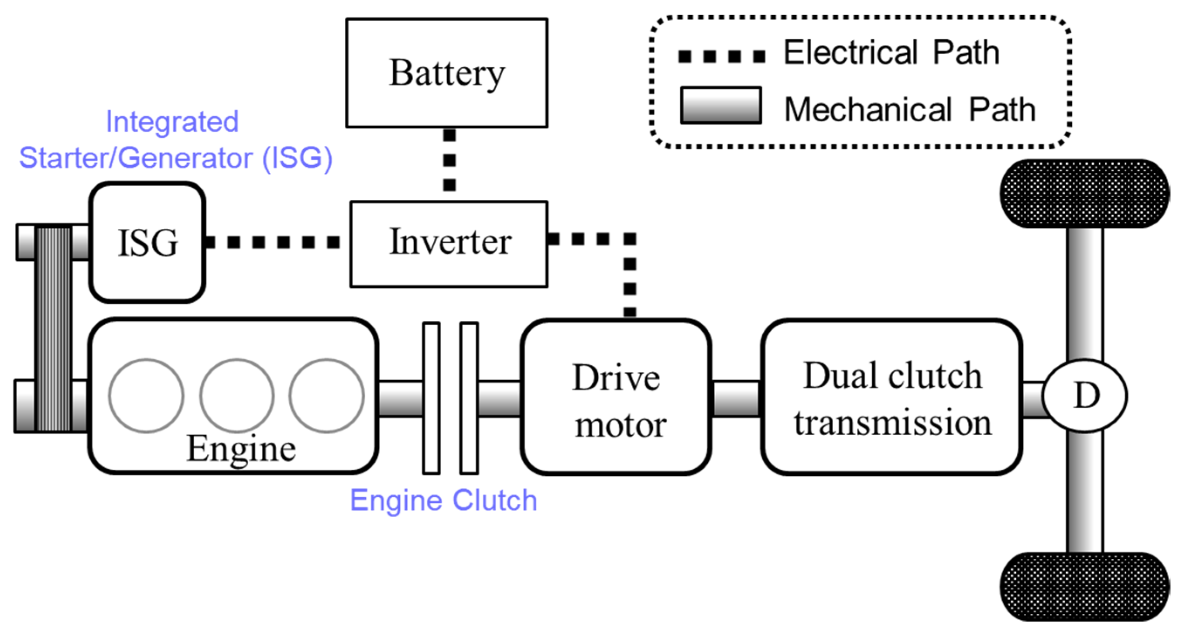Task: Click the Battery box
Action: [x=446, y=72]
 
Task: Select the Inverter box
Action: [x=449, y=244]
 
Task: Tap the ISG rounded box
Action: [x=147, y=242]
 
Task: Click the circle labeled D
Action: [x=1085, y=395]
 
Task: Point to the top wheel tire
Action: [x=1085, y=193]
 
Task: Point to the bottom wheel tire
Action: [x=1085, y=587]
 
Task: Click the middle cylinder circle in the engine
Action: [x=237, y=395]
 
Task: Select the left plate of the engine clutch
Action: [x=431, y=398]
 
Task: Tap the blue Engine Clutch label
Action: [x=443, y=500]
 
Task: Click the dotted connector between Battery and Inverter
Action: [x=449, y=160]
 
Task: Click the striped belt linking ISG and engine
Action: [x=54, y=329]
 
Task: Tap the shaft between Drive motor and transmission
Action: [x=736, y=399]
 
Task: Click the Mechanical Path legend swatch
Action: [x=720, y=105]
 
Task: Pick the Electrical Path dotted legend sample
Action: [x=721, y=56]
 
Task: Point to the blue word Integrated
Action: [x=172, y=122]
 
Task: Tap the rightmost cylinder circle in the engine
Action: [x=326, y=395]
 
